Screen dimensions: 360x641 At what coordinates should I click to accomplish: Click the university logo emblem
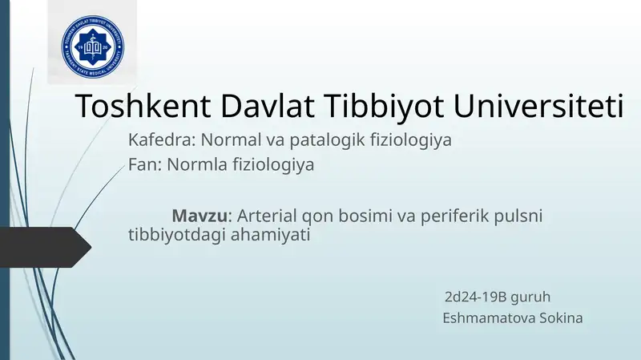(x=95, y=43)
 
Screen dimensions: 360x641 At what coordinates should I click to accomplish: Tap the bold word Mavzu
(x=200, y=216)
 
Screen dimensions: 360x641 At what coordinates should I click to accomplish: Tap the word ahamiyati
(x=271, y=236)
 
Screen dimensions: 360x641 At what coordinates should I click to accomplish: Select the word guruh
(x=531, y=297)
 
